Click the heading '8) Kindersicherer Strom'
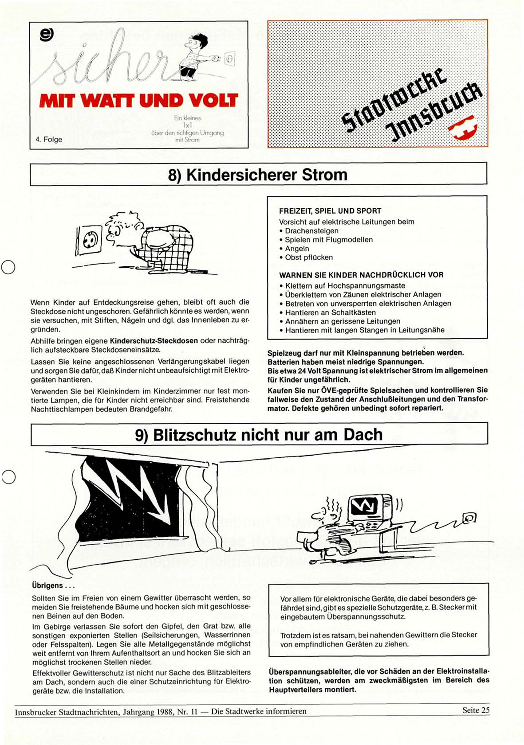(x=258, y=175)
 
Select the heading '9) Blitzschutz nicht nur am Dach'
(x=259, y=435)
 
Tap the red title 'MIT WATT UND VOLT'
(x=138, y=101)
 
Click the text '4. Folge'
(x=49, y=139)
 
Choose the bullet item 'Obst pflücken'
(x=309, y=257)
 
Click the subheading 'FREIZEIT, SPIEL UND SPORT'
(x=330, y=211)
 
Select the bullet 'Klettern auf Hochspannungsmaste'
(x=345, y=286)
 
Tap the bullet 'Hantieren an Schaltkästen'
(x=330, y=312)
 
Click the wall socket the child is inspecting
(x=90, y=239)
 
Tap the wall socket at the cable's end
(x=469, y=517)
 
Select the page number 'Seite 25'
(x=476, y=710)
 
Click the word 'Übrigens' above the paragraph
(x=47, y=585)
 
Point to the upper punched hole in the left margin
(x=8, y=267)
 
